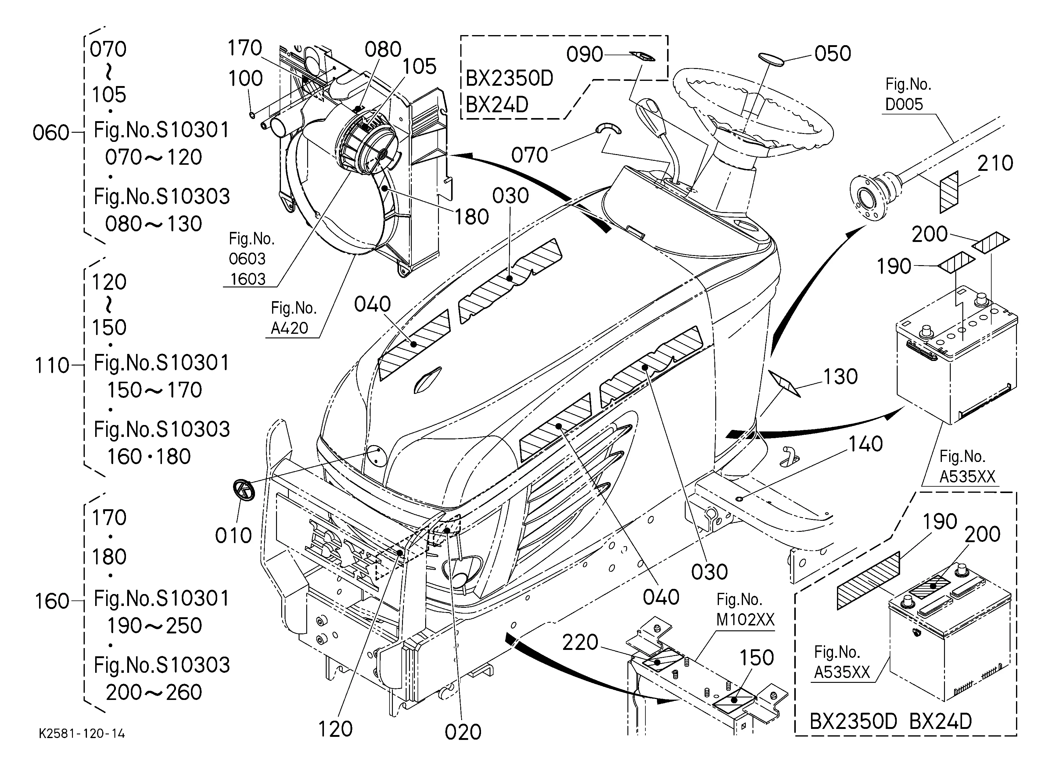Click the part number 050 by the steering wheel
pyautogui.click(x=833, y=54)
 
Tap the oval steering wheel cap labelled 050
pyautogui.click(x=771, y=59)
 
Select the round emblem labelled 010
pyautogui.click(x=244, y=490)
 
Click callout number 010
pyautogui.click(x=233, y=536)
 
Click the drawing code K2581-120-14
pyautogui.click(x=82, y=733)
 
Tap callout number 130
pyautogui.click(x=840, y=377)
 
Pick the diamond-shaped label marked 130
pyautogui.click(x=785, y=384)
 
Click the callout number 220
pyautogui.click(x=580, y=643)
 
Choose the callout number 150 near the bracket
pyautogui.click(x=756, y=658)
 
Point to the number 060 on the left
pyautogui.click(x=51, y=133)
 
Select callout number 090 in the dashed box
pyautogui.click(x=584, y=55)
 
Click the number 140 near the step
pyautogui.click(x=865, y=444)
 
